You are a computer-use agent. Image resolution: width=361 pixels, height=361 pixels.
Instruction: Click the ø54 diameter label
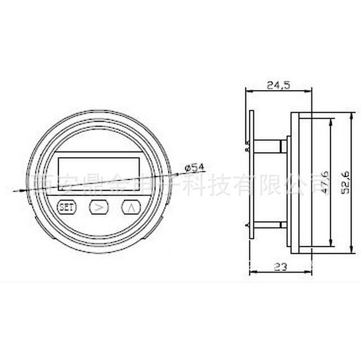[x=194, y=167]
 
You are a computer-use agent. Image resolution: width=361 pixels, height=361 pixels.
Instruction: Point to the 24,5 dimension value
[x=278, y=85]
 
